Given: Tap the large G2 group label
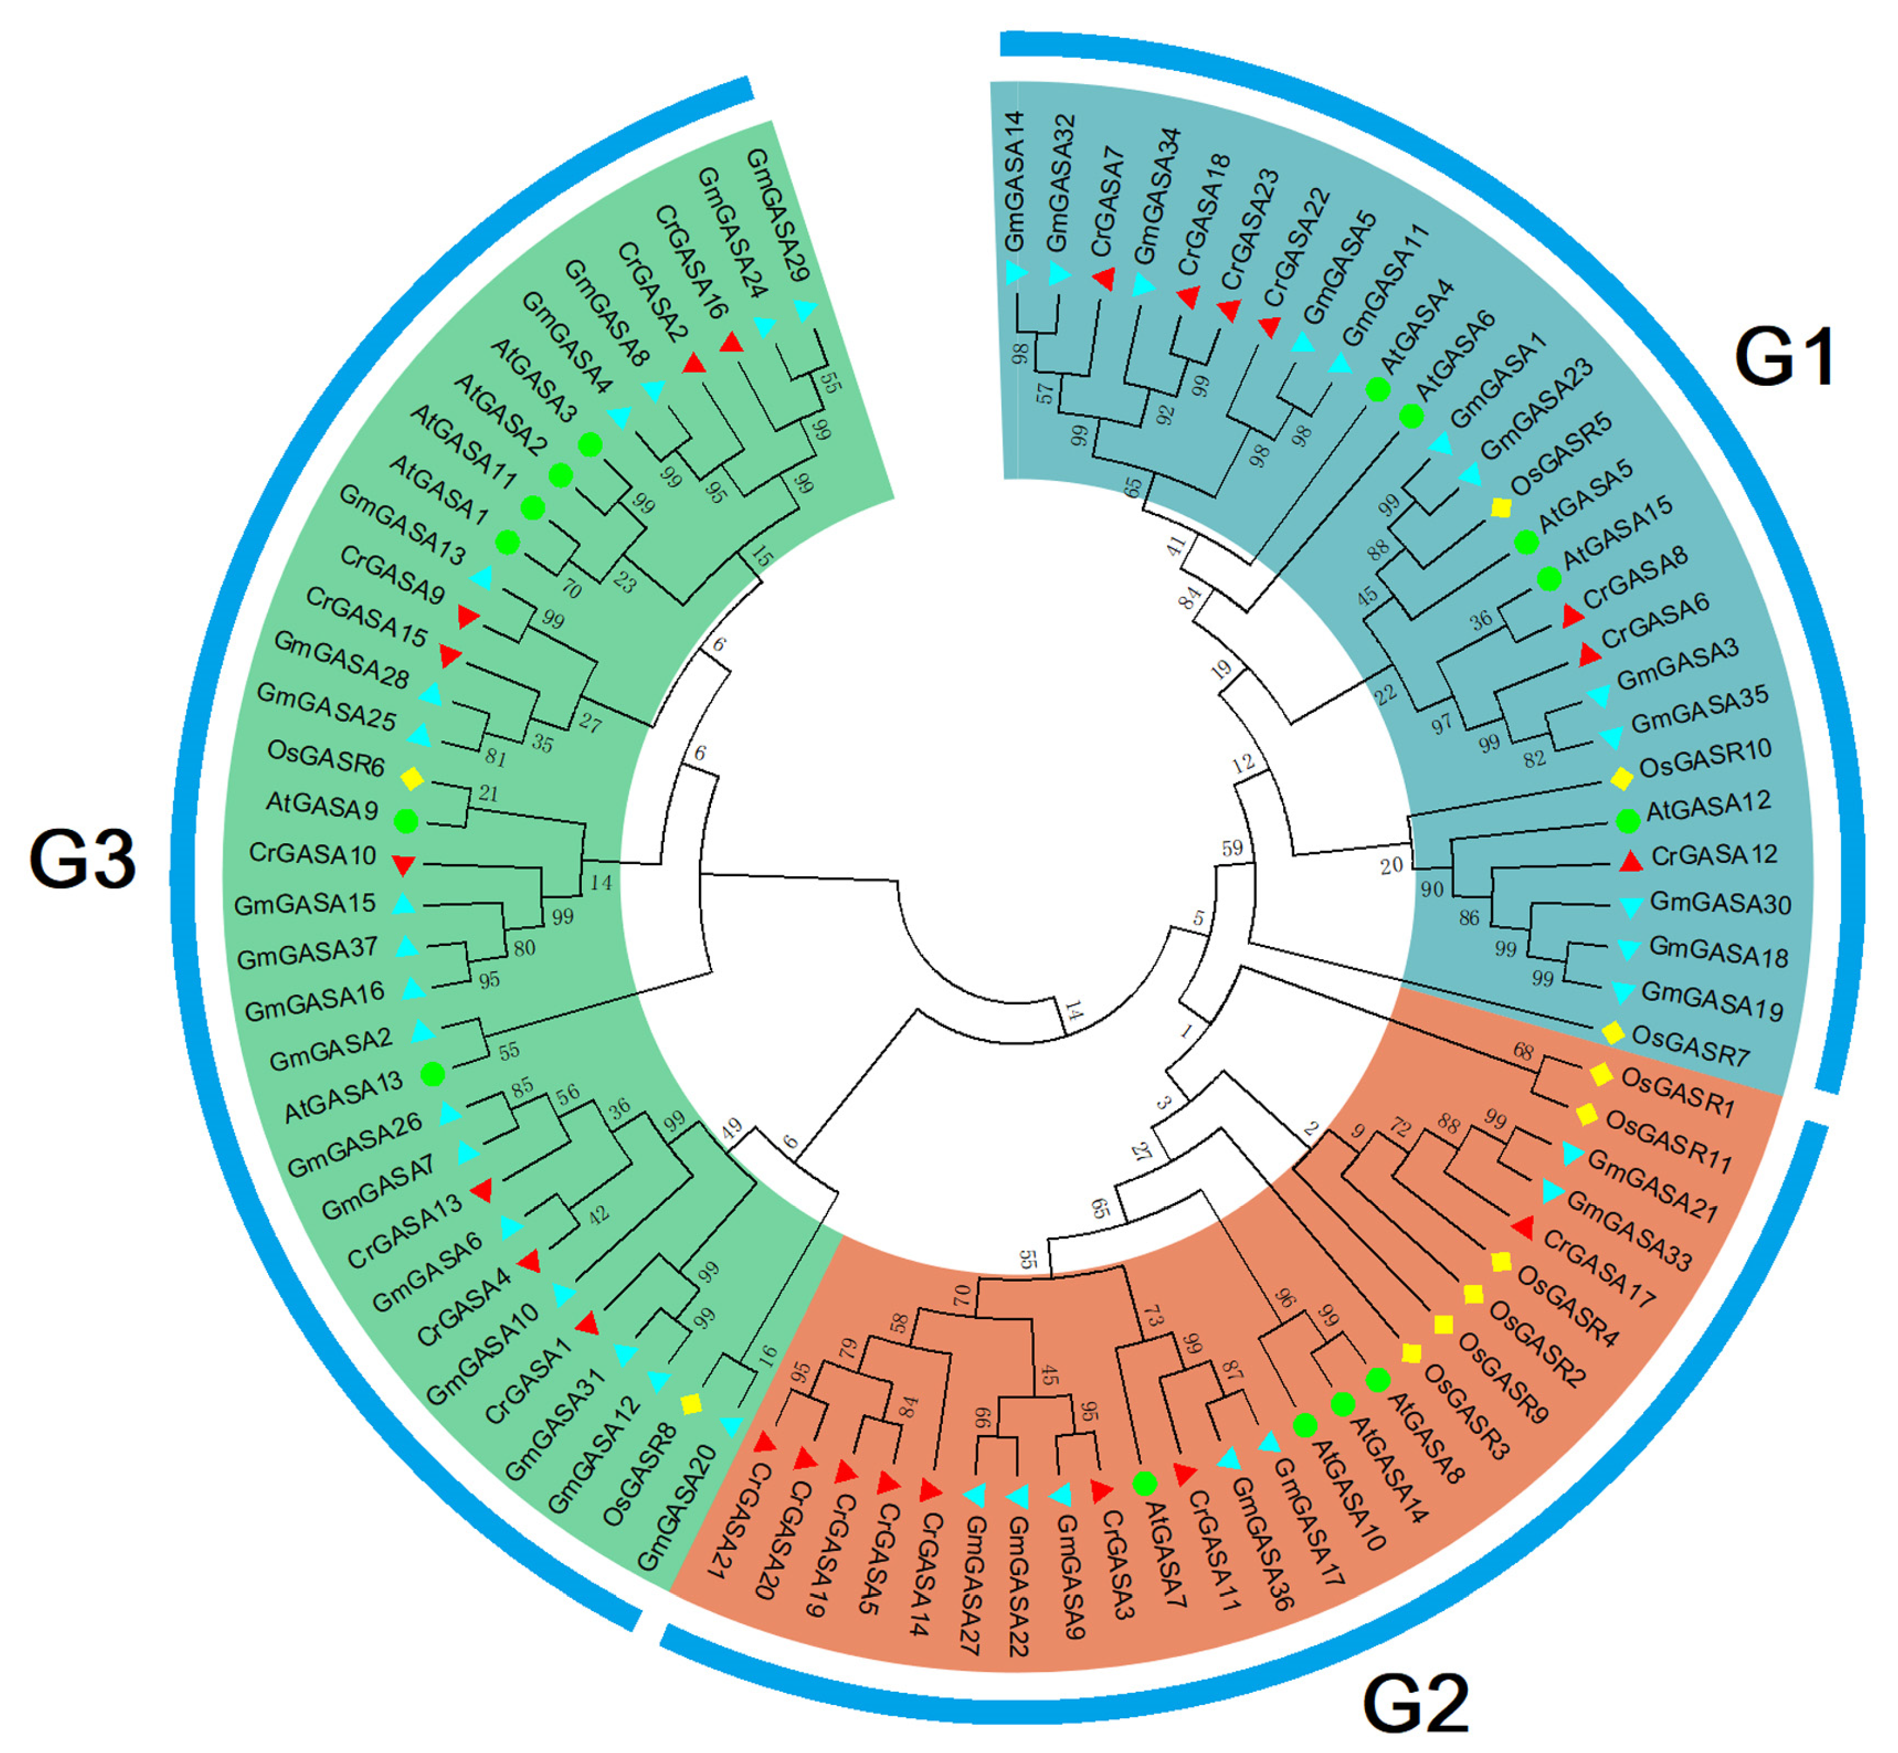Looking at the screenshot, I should pyautogui.click(x=1415, y=1703).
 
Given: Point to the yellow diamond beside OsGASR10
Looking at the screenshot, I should pyautogui.click(x=1621, y=779).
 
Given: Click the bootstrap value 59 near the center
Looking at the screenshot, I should pyautogui.click(x=1232, y=848).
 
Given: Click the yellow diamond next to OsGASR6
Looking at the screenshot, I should pyautogui.click(x=412, y=779).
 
